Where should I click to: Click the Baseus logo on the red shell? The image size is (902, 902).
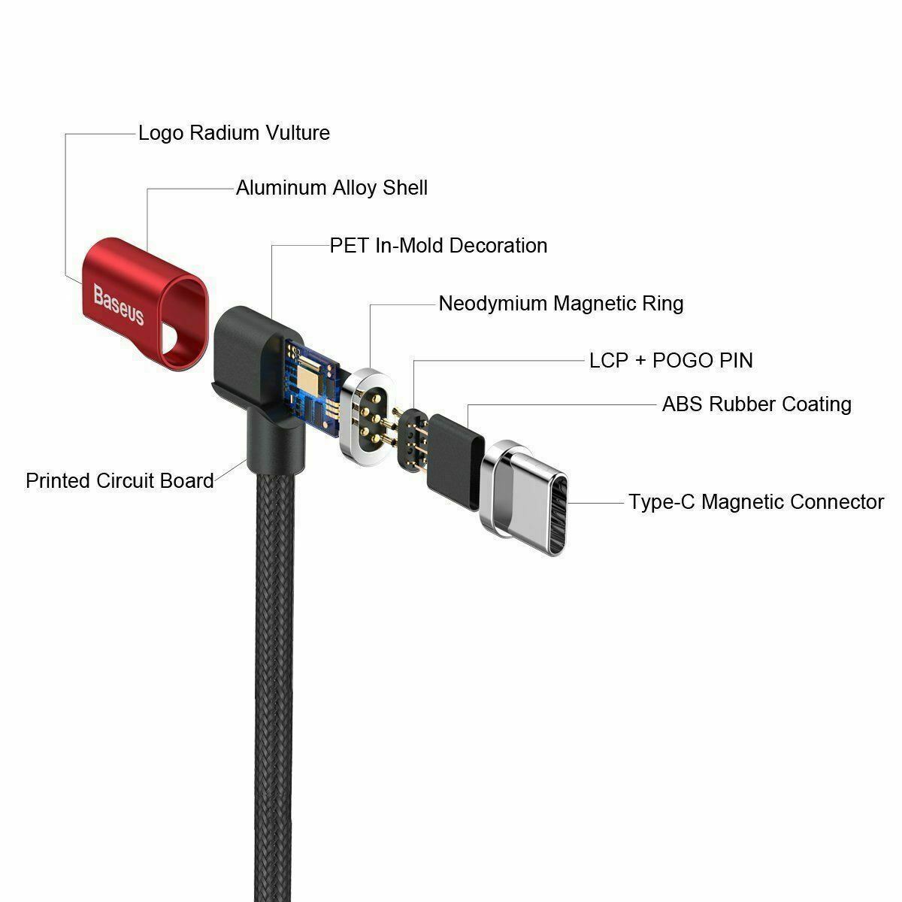coord(119,304)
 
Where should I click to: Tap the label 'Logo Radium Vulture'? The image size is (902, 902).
coord(234,133)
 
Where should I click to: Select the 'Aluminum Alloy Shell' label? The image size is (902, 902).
coord(331,188)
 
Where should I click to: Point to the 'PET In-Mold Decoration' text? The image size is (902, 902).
coord(438,246)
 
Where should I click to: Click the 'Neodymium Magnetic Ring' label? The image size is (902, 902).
coord(561,304)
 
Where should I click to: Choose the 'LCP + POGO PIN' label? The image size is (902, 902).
coord(670,361)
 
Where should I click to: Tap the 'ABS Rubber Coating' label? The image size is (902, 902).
coord(756,404)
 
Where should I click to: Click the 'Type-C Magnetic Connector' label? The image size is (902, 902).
coord(756,502)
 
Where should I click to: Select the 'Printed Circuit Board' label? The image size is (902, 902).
coord(120,481)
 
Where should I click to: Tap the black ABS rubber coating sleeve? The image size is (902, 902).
coord(455,462)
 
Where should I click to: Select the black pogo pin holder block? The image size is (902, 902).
coord(413,440)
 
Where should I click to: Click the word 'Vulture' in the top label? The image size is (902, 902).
coord(298,133)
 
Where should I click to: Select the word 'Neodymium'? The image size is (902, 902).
coord(493,304)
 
